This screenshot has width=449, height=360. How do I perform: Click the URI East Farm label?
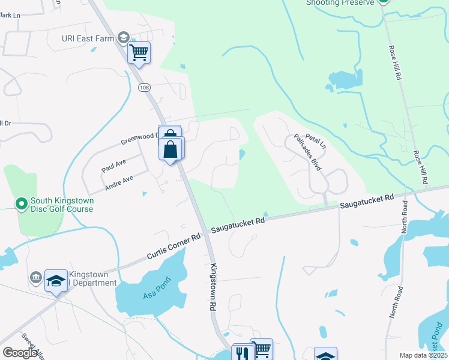88,38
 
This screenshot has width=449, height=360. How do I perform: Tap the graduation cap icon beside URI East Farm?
124,37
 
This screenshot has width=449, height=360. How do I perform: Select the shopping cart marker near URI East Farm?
139,53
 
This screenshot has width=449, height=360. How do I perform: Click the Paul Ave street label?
113,166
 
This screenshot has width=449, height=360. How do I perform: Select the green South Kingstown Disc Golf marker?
22,205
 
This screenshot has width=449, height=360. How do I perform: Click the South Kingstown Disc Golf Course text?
62,205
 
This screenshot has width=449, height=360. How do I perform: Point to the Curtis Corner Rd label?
173,247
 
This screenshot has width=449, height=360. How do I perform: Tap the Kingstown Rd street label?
212,287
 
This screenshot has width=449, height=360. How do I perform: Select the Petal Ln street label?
315,142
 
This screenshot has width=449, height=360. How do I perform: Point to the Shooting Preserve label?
340,2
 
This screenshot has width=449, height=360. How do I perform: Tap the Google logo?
20,352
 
